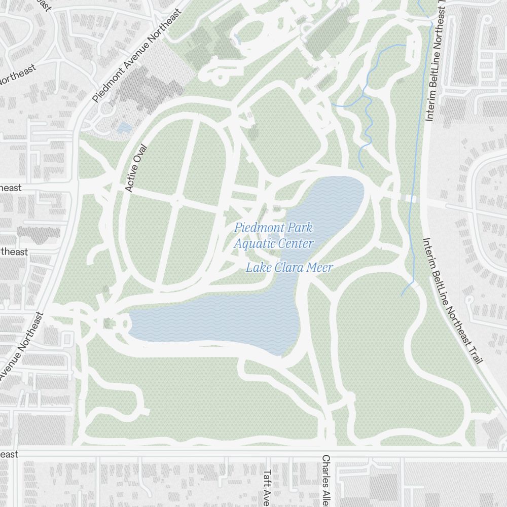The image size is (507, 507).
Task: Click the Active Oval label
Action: click(135, 169)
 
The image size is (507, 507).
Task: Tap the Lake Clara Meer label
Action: click(289, 268)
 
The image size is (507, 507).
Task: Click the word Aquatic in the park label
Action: click(253, 244)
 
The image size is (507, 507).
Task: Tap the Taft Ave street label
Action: click(267, 484)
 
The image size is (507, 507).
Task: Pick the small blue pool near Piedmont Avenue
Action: click(124, 128)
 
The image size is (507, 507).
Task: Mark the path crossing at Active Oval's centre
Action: click(177, 201)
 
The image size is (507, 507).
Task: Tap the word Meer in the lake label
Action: click(320, 268)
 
